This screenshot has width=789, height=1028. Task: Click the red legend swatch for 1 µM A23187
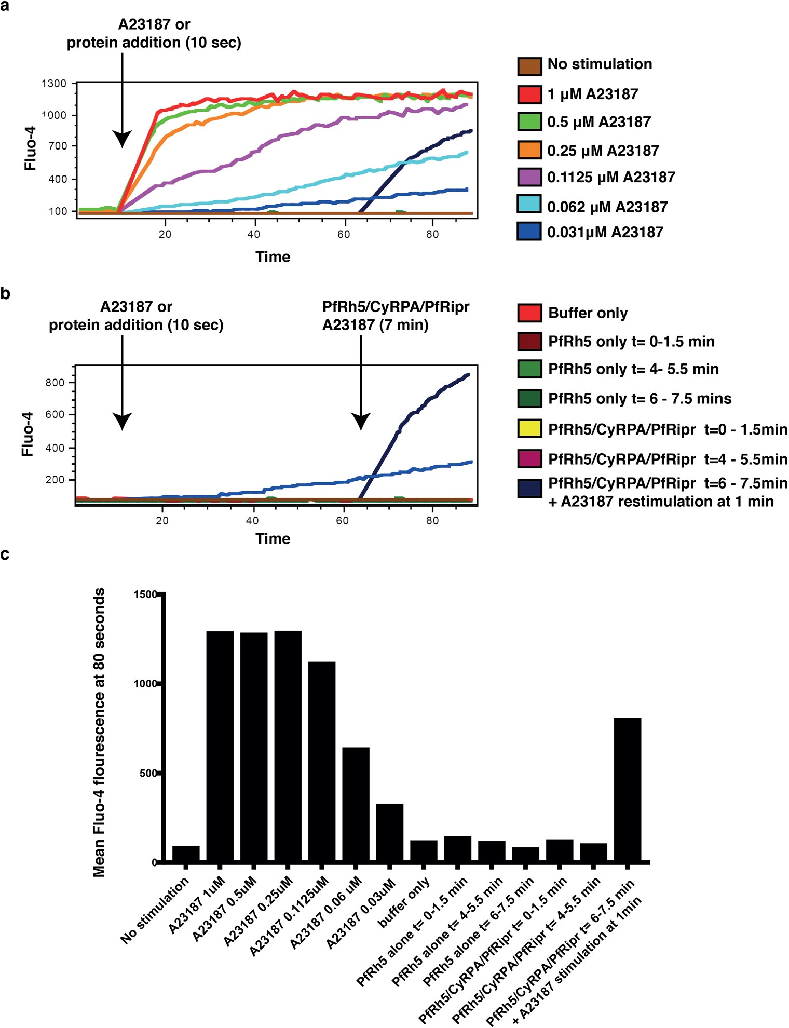pyautogui.click(x=529, y=94)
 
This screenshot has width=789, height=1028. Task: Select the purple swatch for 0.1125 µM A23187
pyautogui.click(x=529, y=177)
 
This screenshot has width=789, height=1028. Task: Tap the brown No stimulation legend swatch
pyautogui.click(x=529, y=66)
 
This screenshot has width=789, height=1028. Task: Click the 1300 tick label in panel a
pyautogui.click(x=54, y=84)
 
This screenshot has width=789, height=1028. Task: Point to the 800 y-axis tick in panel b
pyautogui.click(x=55, y=383)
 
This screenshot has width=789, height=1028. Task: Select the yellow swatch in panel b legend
pyautogui.click(x=529, y=429)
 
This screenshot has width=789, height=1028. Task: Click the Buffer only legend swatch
pyautogui.click(x=529, y=313)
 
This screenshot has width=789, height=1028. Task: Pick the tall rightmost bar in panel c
pyautogui.click(x=627, y=790)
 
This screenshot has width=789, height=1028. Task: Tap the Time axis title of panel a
pyautogui.click(x=273, y=257)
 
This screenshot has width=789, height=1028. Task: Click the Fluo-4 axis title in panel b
pyautogui.click(x=28, y=435)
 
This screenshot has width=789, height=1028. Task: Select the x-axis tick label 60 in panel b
pyautogui.click(x=342, y=521)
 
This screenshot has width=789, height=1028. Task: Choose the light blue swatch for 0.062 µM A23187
pyautogui.click(x=529, y=204)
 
